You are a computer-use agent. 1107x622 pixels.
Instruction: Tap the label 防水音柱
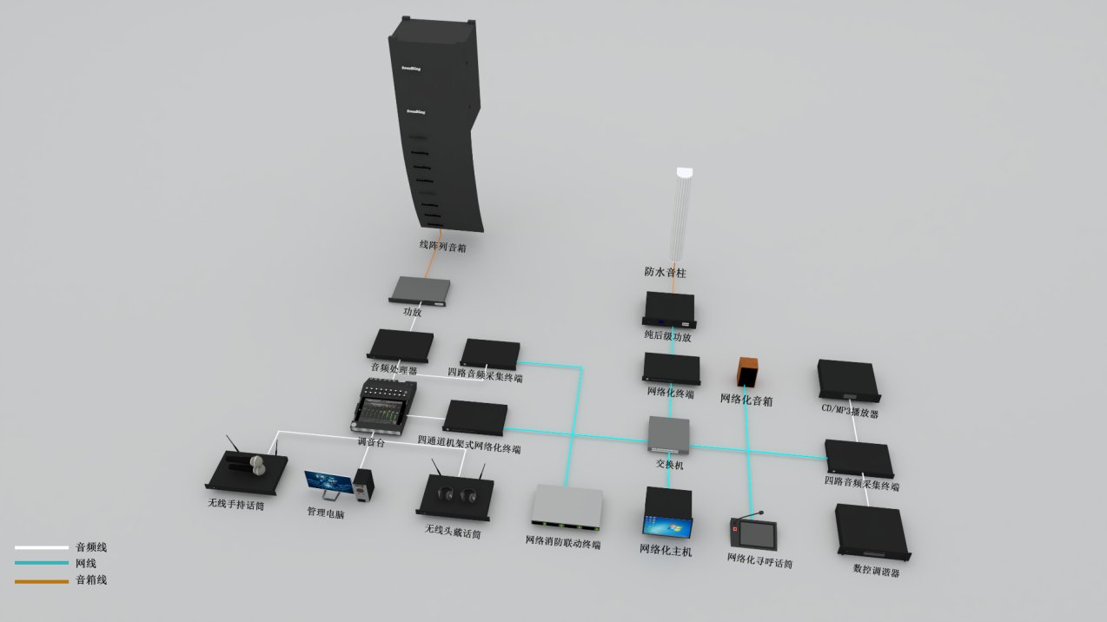[665, 272]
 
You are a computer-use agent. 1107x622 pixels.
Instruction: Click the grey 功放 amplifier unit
[421, 290]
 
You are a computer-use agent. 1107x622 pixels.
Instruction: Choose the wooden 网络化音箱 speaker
[748, 372]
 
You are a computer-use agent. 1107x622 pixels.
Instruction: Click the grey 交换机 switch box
[669, 435]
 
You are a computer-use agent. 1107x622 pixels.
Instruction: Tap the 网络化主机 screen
[667, 526]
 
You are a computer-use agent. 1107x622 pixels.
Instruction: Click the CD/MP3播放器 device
[848, 380]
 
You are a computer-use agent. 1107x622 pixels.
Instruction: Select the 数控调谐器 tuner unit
[871, 531]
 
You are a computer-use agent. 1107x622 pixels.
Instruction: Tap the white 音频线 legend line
[41, 548]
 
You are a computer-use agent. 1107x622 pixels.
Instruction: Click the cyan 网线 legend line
[41, 564]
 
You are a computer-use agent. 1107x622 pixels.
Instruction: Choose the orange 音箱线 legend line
[41, 580]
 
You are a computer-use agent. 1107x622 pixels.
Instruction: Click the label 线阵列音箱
[442, 247]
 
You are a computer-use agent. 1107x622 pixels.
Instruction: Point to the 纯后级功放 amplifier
[669, 309]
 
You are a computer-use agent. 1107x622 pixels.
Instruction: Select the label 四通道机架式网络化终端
[469, 444]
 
